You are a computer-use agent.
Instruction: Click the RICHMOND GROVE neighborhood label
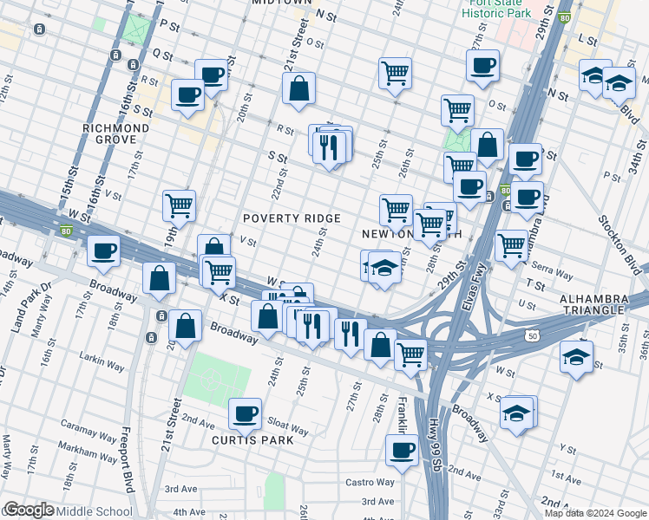(116, 133)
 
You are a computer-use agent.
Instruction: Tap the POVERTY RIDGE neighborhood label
(291, 218)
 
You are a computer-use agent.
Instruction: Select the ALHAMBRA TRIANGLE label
(593, 303)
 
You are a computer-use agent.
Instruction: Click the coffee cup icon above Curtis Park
(246, 414)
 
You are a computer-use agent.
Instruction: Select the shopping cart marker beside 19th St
(179, 206)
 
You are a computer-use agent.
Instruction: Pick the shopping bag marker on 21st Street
(298, 89)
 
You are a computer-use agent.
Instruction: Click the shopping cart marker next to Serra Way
(512, 244)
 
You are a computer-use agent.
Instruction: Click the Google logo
(29, 510)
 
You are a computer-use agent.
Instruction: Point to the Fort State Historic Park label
(495, 10)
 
